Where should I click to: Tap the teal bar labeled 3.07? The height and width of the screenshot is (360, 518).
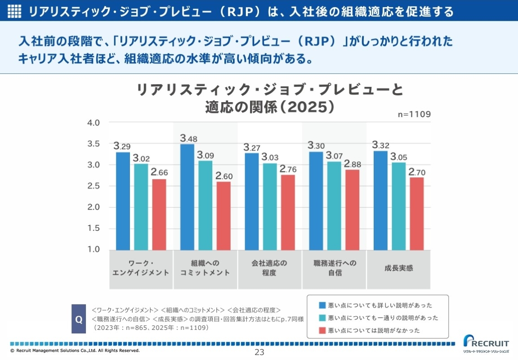point(334,206)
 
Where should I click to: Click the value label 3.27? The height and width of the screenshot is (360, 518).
point(252,147)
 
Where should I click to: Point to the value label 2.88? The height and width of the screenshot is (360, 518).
point(353,164)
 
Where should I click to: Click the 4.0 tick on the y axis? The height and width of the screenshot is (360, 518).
point(93,122)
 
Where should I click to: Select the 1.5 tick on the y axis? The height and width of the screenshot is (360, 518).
point(93,228)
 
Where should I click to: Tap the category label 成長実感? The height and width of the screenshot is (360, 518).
point(398,268)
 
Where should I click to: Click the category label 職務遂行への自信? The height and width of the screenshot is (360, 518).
point(335,268)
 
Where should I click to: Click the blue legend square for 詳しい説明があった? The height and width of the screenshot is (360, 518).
point(322,305)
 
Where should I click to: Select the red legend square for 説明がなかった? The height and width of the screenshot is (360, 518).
point(322,330)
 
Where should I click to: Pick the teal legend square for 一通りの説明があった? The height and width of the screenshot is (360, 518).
point(322,318)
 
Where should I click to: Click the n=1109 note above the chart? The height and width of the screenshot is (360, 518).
point(414,114)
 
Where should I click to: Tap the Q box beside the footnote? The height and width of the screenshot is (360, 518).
point(79,319)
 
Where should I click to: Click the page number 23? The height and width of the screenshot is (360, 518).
point(259,352)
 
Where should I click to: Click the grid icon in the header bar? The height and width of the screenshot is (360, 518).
point(15,11)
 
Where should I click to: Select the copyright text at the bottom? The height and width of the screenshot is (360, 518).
point(75,350)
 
